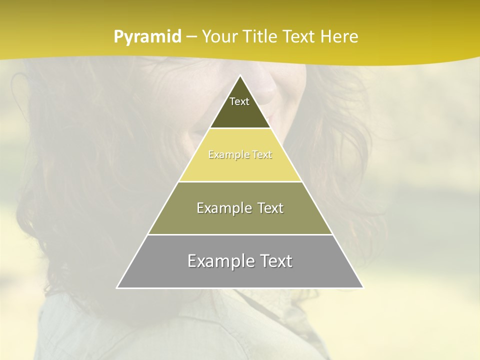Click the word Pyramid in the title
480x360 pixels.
pyautogui.click(x=147, y=37)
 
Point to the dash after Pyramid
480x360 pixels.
pyautogui.click(x=191, y=37)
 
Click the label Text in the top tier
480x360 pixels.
pyautogui.click(x=239, y=101)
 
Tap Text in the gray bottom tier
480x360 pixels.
pyautogui.click(x=274, y=261)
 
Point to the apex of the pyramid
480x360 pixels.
pyautogui.click(x=240, y=76)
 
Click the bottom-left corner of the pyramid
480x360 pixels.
pyautogui.click(x=117, y=287)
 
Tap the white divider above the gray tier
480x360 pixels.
pyautogui.click(x=240, y=234)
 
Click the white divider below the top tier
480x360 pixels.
pyautogui.click(x=240, y=128)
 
